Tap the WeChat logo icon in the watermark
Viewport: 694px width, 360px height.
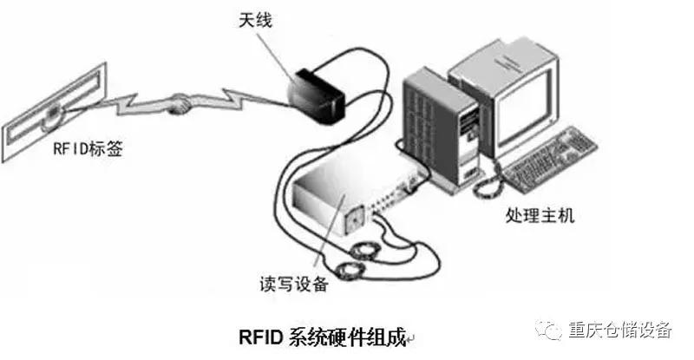coord(549,331)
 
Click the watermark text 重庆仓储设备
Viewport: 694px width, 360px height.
coord(619,331)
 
